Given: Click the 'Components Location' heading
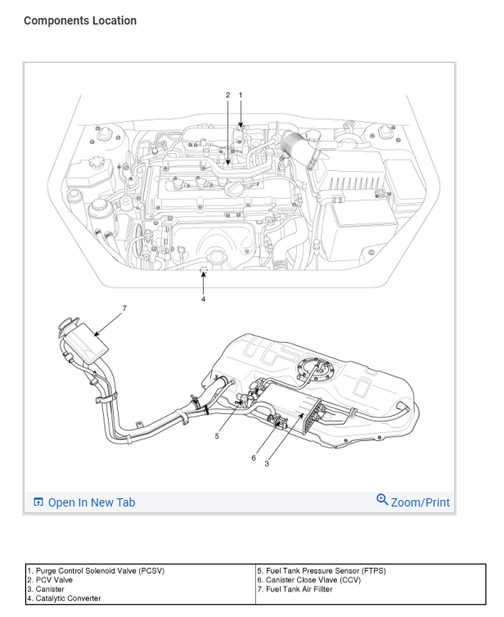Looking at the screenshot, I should tap(80, 20).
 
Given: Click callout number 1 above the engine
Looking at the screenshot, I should tap(241, 96).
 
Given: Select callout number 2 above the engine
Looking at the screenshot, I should tap(228, 96).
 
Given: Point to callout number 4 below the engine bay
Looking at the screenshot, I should tap(204, 299).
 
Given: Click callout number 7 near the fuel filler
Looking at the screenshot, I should tap(124, 308).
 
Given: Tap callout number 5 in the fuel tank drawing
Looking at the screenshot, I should tap(217, 436).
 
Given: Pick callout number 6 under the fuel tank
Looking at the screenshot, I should tap(254, 457).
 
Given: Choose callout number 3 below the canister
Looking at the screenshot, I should tap(267, 464).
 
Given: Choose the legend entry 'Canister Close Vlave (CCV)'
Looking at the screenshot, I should tap(313, 579).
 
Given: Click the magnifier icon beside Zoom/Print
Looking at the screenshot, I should tap(382, 499).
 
